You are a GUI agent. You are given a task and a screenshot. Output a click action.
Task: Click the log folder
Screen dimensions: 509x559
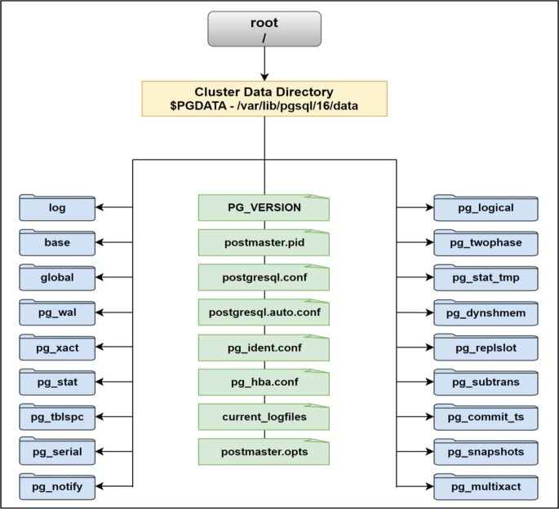[x=57, y=208]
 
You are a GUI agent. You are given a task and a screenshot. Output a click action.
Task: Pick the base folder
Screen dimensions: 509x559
[x=57, y=243]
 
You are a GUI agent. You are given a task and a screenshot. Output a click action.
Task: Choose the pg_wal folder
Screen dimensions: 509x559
[x=57, y=313]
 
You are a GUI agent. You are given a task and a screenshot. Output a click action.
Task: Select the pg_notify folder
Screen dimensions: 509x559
[x=57, y=488]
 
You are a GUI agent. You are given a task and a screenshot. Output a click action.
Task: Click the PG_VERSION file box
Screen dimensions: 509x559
[x=264, y=208]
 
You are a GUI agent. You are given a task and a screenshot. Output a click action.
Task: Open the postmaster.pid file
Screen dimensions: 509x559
[x=264, y=243]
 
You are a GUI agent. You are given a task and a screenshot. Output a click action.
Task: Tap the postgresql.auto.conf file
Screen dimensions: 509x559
[x=264, y=312]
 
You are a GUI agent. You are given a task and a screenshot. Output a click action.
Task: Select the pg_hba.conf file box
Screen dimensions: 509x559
[x=264, y=383]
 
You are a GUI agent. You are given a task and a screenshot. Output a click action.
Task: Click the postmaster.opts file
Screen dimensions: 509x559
[x=264, y=452]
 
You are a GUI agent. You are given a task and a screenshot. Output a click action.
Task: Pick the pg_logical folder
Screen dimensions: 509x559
[x=486, y=208]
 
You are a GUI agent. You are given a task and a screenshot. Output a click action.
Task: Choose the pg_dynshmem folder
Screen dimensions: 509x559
[x=486, y=313]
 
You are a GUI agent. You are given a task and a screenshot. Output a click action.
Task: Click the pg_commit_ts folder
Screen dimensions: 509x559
[x=486, y=417]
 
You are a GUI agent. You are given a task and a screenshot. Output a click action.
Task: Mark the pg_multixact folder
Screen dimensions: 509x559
[x=486, y=488]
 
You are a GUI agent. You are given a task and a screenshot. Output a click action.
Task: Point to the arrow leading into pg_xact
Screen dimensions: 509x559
[x=114, y=347]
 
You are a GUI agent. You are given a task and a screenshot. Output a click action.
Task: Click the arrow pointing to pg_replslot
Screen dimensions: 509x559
[x=415, y=347]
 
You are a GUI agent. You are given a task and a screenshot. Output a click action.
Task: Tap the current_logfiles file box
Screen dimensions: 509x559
[x=264, y=417]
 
